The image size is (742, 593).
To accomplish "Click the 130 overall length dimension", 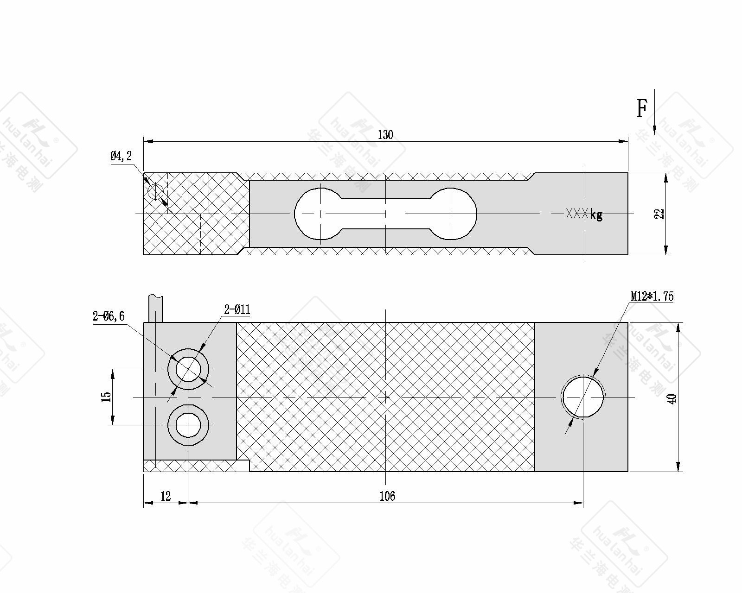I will (x=385, y=135).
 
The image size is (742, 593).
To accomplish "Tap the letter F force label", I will (x=641, y=109).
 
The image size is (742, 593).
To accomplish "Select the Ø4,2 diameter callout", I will (x=121, y=156).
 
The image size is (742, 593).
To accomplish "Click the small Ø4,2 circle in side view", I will (x=155, y=191).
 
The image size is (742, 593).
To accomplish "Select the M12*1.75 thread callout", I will (x=652, y=296).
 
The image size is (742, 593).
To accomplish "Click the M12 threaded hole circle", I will (x=583, y=397).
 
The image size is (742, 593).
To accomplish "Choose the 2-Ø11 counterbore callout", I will (x=237, y=310).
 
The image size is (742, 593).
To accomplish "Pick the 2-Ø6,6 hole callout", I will (x=109, y=316).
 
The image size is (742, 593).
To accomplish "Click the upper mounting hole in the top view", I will (x=188, y=369).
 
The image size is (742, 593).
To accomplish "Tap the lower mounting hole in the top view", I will (x=188, y=424).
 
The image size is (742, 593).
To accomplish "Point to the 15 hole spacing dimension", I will (x=106, y=397).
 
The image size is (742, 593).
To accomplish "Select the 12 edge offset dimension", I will (x=166, y=496).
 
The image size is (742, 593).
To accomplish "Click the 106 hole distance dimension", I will (x=387, y=496).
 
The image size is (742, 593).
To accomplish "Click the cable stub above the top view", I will (x=156, y=308).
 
